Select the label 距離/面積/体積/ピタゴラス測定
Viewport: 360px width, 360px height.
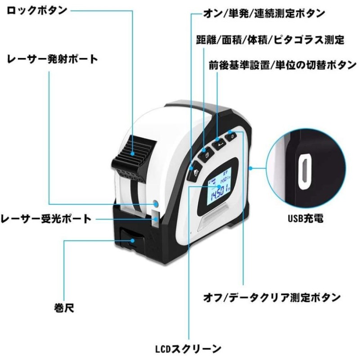coord(270,40)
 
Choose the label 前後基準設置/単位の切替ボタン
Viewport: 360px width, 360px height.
coord(283,65)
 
